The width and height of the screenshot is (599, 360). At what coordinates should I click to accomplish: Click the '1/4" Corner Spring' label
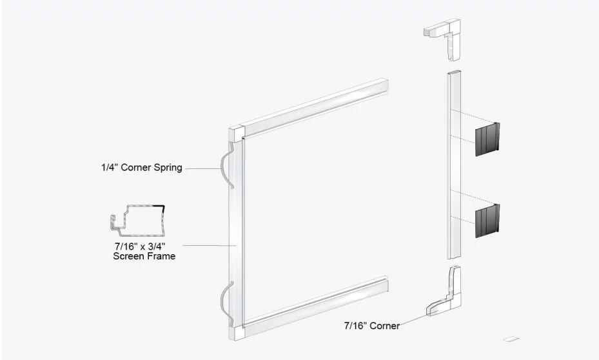tap(142, 167)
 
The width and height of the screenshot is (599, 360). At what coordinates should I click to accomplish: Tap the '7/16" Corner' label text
tap(371, 326)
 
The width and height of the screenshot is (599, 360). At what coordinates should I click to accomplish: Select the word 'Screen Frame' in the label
tap(144, 256)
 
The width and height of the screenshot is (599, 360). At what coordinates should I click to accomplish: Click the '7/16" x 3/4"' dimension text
tap(140, 246)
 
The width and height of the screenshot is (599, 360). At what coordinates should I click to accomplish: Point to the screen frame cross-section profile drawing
tap(138, 221)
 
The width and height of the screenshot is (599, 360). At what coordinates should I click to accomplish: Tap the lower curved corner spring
tap(227, 300)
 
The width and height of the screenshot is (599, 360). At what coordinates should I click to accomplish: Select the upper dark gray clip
tap(487, 139)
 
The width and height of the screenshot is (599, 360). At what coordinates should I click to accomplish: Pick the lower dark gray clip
tap(487, 221)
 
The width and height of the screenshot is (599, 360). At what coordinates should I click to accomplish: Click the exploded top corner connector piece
tap(443, 38)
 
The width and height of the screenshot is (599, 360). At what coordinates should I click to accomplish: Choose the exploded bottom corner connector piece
tap(444, 291)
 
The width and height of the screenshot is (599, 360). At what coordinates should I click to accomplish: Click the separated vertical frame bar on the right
tap(454, 165)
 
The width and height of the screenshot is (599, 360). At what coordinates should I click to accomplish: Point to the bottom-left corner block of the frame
tap(237, 332)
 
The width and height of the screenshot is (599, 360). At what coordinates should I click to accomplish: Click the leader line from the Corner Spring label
tap(203, 168)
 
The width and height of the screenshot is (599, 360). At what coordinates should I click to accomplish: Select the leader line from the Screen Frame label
tap(210, 245)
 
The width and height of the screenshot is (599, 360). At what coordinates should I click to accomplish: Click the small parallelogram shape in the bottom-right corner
tap(509, 339)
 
